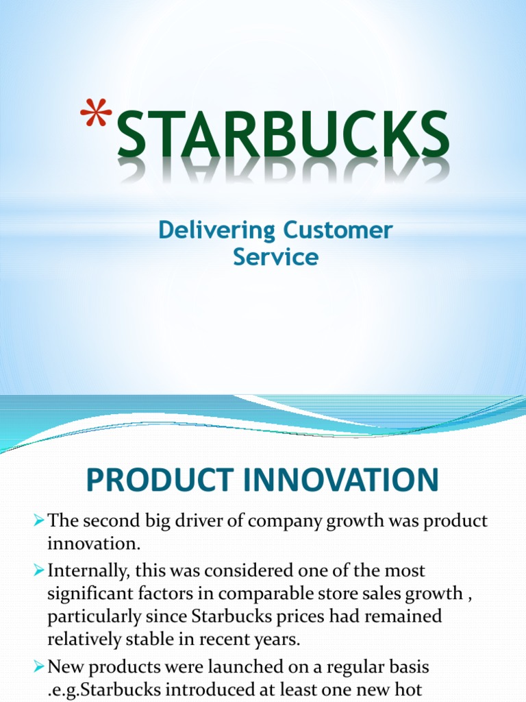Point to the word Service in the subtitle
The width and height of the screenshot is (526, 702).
tap(275, 257)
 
